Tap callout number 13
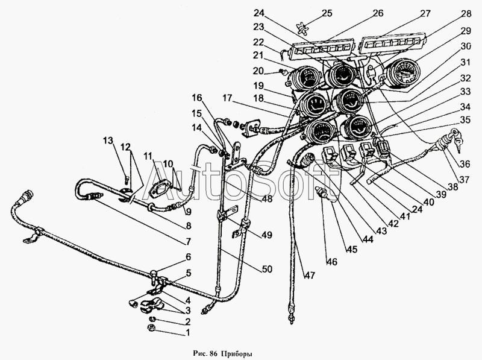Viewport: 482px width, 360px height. pos(108,141)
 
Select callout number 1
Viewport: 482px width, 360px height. pos(188,333)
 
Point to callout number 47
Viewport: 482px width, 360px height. pos(310,275)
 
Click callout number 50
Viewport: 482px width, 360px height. pos(267,269)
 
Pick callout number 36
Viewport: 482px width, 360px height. pos(465,164)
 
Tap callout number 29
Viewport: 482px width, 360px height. pos(466,31)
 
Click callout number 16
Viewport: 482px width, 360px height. pos(197,98)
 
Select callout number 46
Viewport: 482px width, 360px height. pos(332,262)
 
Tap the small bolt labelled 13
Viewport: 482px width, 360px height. pos(127,178)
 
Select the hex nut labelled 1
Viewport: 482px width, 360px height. pos(151,327)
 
